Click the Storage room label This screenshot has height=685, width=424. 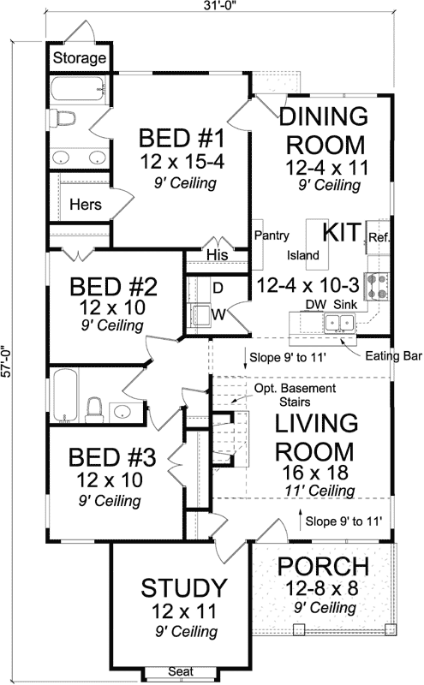coord(80,58)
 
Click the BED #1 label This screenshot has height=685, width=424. coord(182,138)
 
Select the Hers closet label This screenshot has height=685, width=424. coord(86,205)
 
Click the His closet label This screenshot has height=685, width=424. coord(217,254)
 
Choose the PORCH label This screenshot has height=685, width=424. coord(324,567)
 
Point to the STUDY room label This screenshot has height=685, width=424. coord(184,589)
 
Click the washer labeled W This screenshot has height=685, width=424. coord(204,315)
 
